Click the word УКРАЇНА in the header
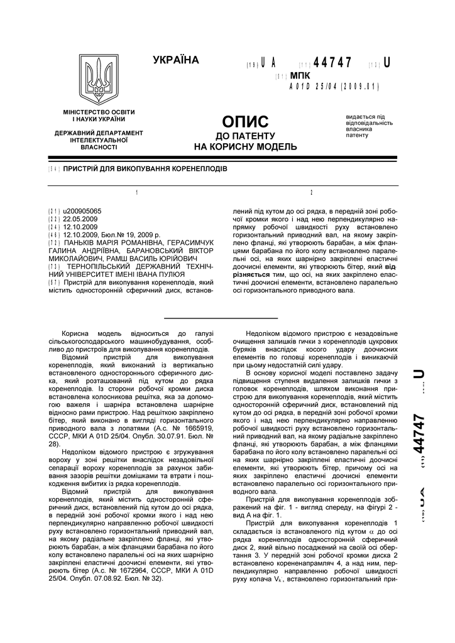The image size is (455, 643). (x=175, y=60)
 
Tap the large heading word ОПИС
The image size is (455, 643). (x=245, y=121)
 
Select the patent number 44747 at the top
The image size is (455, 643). (x=332, y=63)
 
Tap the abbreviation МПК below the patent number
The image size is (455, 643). (x=300, y=75)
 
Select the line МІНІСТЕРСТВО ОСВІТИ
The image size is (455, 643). (x=99, y=112)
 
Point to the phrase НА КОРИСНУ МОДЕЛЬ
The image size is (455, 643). (x=245, y=147)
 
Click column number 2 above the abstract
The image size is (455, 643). (x=310, y=193)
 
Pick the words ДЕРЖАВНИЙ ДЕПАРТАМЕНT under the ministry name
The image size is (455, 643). (x=99, y=133)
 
